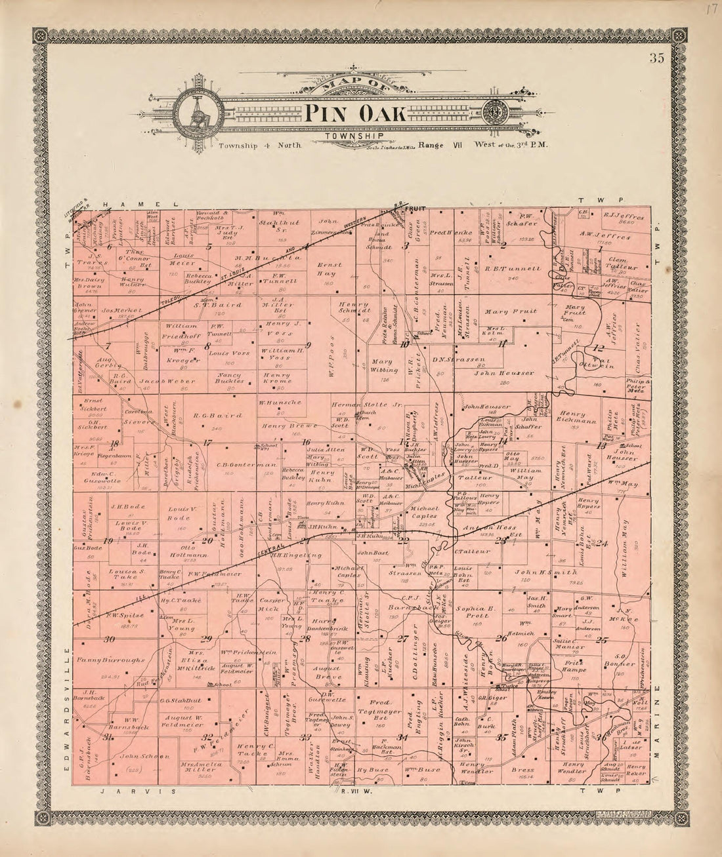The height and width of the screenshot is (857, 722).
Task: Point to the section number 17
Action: click(207, 443)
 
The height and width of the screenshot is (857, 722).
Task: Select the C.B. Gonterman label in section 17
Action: click(235, 464)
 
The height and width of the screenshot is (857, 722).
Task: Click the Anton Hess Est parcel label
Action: click(483, 533)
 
